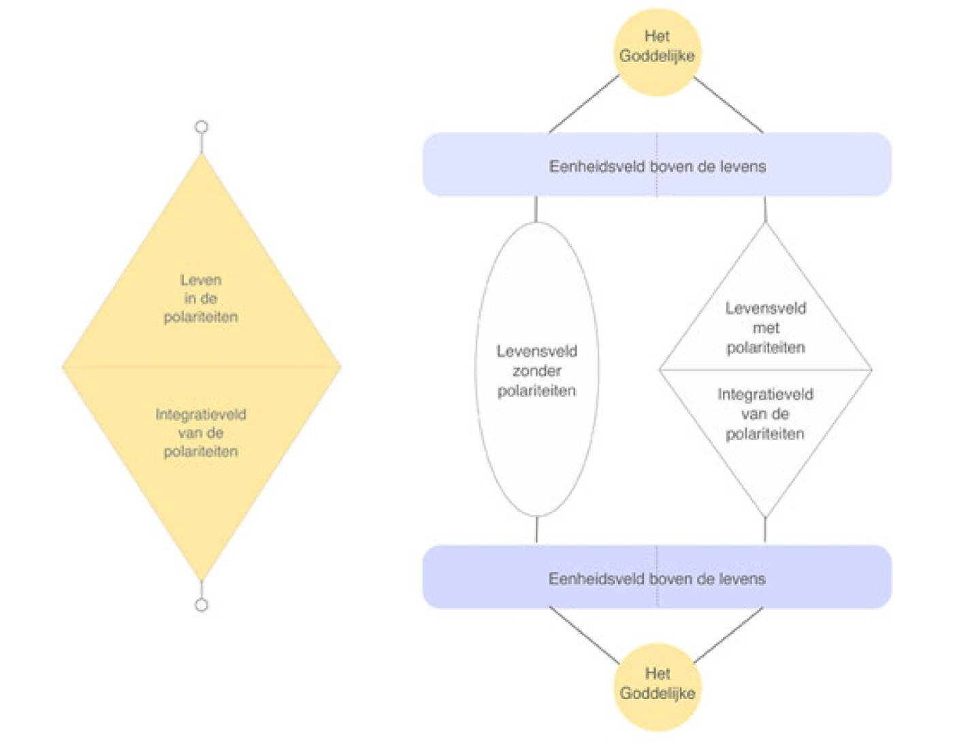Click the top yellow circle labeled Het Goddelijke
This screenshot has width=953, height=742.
tap(657, 52)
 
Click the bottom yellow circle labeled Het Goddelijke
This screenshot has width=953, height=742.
tap(657, 686)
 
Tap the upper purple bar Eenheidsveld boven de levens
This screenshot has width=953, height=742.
tap(657, 165)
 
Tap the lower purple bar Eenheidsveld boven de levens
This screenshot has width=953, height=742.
tap(657, 577)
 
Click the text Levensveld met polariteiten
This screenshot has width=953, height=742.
tap(766, 327)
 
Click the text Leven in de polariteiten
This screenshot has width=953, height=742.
tap(201, 298)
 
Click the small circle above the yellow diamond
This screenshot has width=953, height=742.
tap(201, 127)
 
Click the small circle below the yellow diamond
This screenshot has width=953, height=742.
tap(201, 604)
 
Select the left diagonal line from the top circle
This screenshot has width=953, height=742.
tap(584, 103)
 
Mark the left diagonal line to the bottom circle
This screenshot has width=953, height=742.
tap(584, 634)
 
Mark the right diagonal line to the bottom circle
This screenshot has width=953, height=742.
tap(728, 634)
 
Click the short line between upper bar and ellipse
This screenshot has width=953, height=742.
tap(536, 209)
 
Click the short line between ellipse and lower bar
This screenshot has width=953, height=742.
tap(536, 530)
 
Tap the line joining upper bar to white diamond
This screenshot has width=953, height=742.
tap(765, 209)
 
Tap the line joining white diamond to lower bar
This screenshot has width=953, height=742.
tap(765, 530)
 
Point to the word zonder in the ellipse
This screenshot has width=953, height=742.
tap(536, 371)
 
